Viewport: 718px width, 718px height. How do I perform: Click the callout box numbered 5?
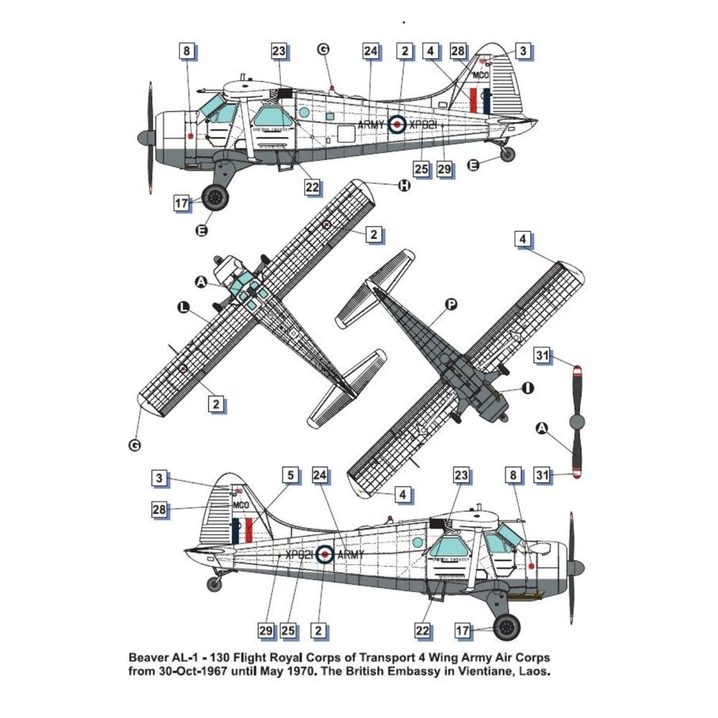[291, 475]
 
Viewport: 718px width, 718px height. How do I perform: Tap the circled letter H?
[404, 185]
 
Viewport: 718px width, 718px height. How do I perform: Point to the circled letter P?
[451, 304]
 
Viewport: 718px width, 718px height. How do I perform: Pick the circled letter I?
[528, 388]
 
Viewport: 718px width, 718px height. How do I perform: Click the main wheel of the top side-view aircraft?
[215, 196]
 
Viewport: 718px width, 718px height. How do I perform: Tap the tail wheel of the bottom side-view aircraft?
[214, 584]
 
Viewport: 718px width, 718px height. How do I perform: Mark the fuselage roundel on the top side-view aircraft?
[396, 124]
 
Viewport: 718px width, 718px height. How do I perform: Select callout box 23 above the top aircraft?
[279, 52]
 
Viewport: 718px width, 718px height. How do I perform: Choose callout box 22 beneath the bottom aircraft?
[423, 630]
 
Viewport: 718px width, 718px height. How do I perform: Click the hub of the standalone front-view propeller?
[576, 421]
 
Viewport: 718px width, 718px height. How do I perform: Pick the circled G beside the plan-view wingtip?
[134, 446]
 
